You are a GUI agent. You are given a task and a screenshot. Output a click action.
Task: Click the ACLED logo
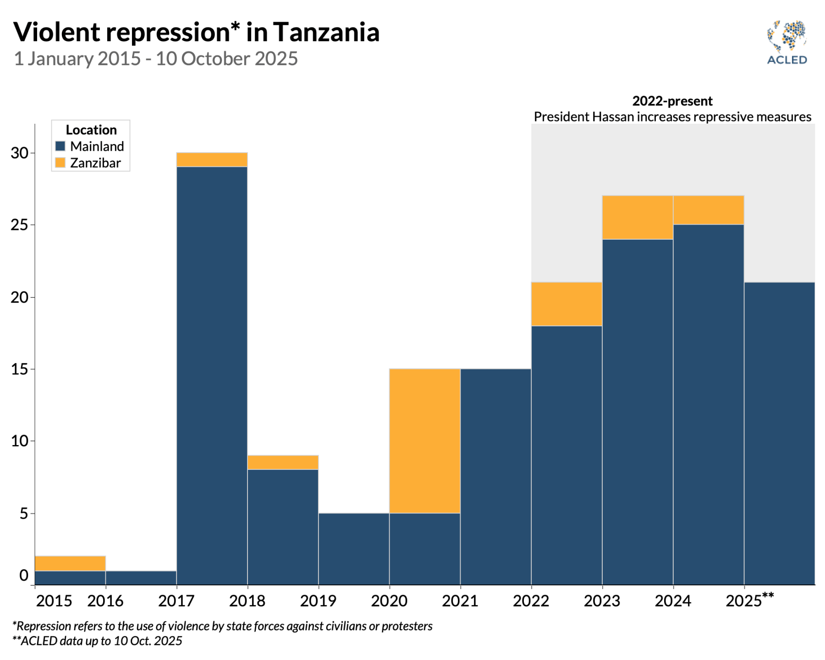pos(786,42)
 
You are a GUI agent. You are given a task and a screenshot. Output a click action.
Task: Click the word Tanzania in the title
pos(326,32)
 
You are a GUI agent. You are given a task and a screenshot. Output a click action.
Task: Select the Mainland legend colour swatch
pos(60,146)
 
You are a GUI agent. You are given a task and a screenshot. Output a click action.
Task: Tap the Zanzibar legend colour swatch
pos(60,163)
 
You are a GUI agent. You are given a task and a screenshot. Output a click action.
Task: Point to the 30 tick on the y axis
pos(19,153)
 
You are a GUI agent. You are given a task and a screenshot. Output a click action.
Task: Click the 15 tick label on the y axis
pos(19,369)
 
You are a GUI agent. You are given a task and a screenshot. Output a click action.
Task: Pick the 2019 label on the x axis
pos(318,601)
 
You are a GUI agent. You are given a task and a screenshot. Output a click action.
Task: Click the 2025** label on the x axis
pos(749,600)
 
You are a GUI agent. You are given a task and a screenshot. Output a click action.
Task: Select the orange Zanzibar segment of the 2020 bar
pos(424,440)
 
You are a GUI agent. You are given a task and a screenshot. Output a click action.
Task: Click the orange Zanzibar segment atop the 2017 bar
pos(212,159)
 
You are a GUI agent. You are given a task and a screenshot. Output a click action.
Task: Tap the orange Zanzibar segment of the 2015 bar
pos(70,563)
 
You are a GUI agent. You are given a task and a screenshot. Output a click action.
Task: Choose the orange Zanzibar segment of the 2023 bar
pos(637,217)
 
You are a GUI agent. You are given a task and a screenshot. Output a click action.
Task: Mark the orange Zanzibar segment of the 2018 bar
pos(283,462)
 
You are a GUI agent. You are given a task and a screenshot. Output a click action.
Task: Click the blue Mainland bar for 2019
pos(353,549)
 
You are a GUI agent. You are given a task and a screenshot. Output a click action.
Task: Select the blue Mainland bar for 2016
pos(141,577)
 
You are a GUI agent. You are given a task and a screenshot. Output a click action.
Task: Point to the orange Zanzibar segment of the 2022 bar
pos(566,304)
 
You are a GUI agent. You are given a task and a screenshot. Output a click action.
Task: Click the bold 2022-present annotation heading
pos(672,101)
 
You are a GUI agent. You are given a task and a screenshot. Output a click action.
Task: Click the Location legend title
pos(91,130)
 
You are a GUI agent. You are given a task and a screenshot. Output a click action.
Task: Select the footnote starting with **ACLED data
pos(97,641)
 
